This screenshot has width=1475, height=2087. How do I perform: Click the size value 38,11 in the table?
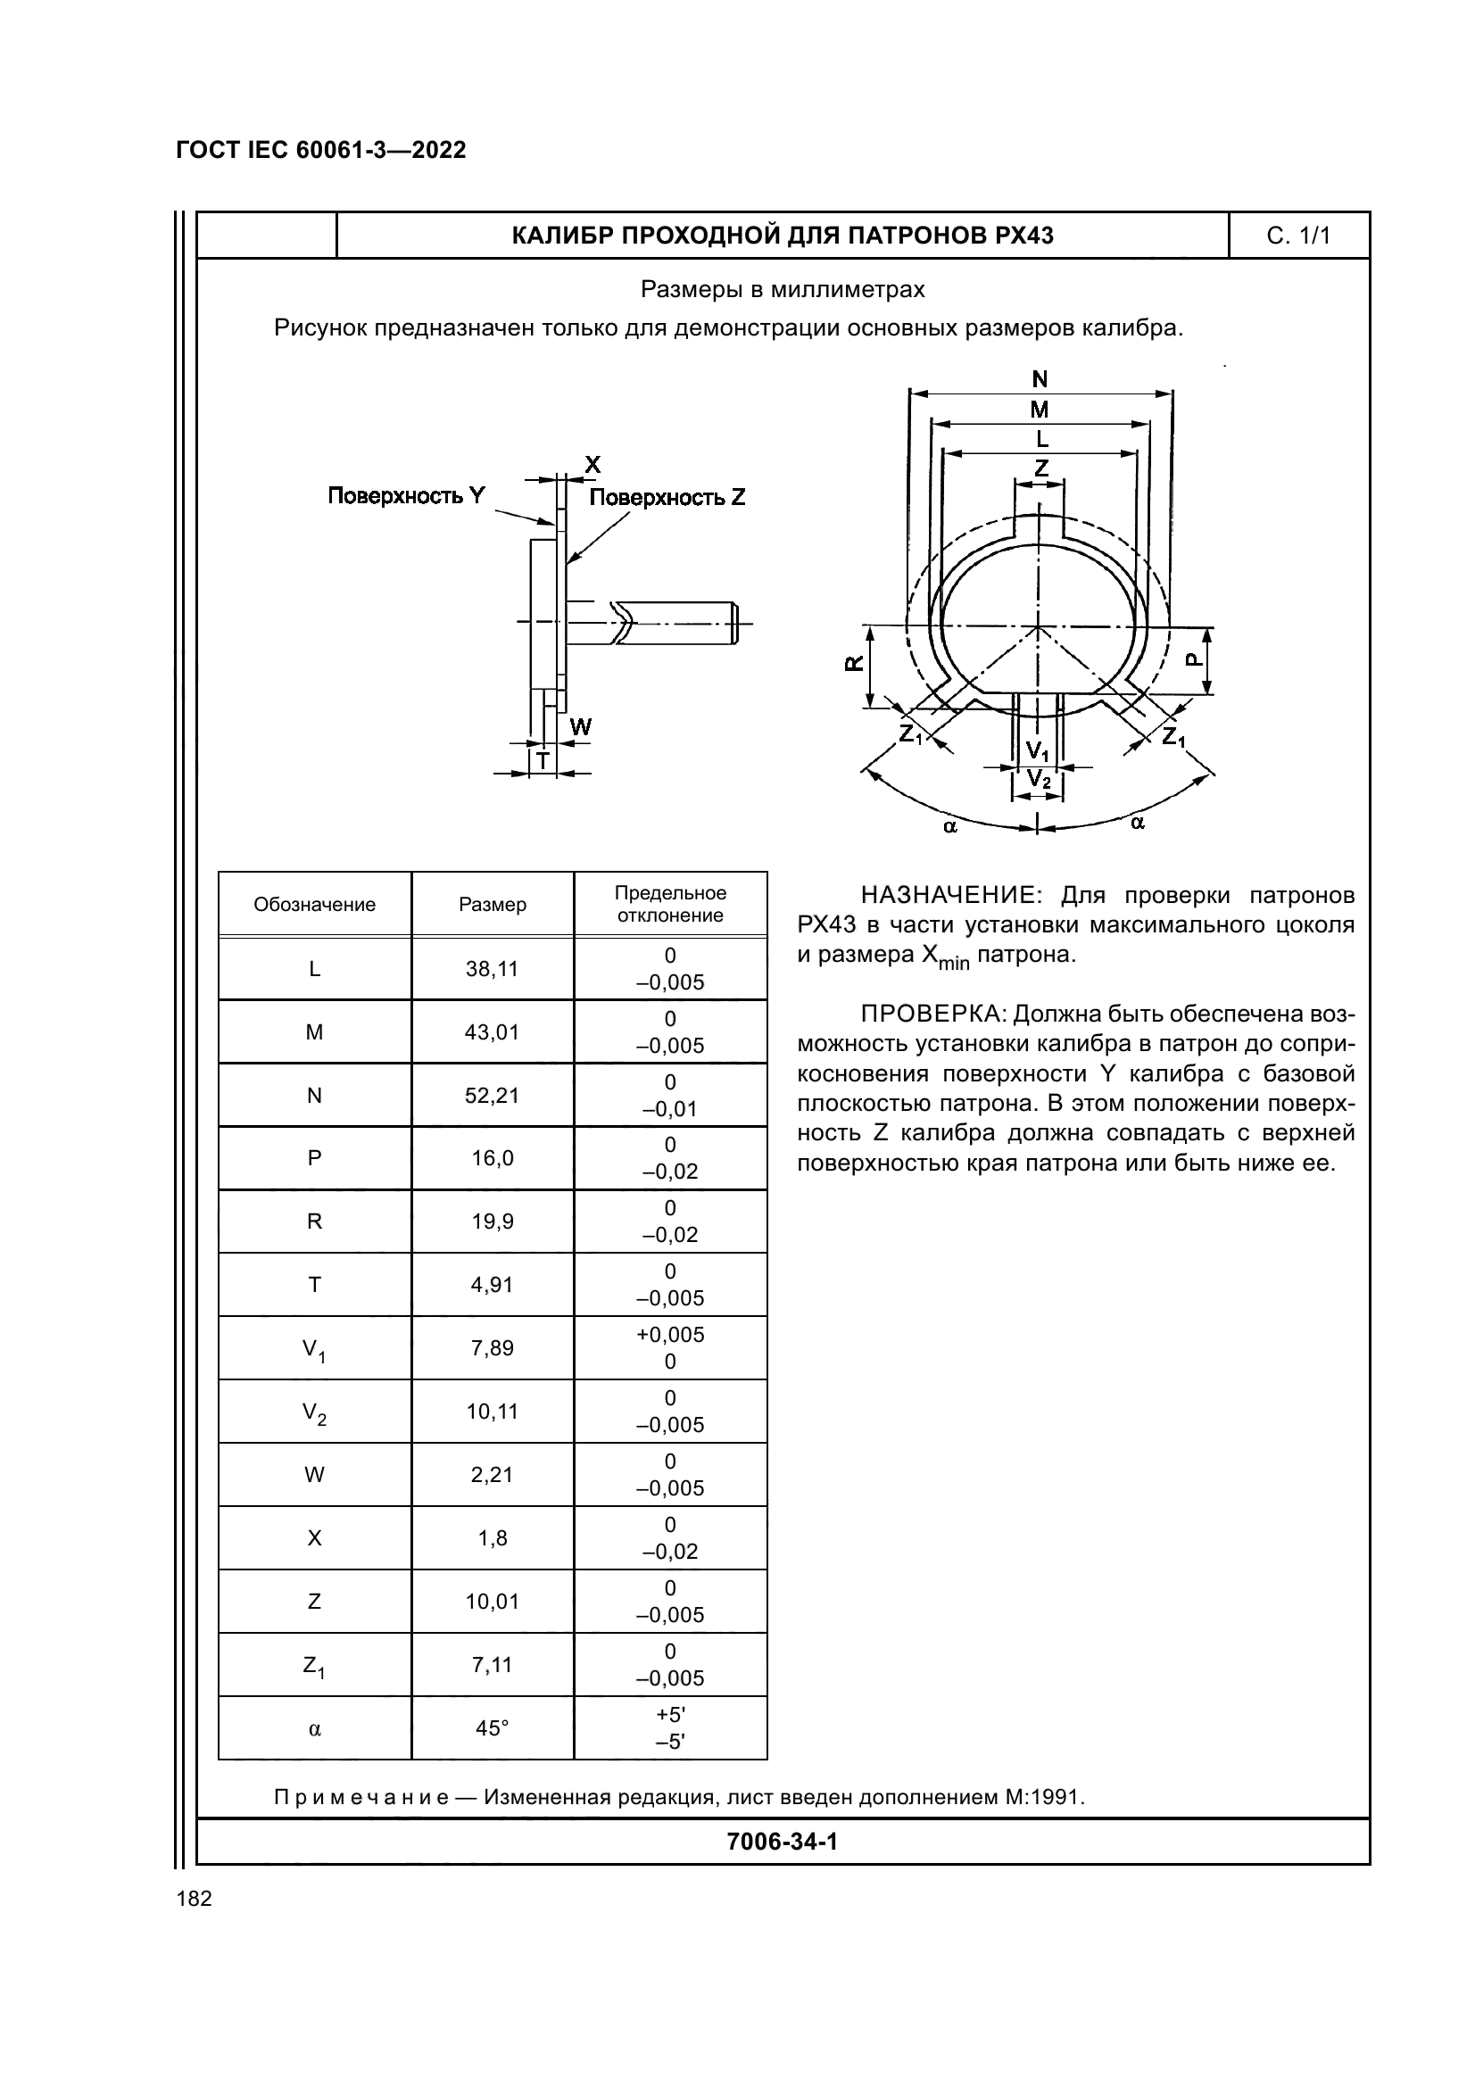coord(492,969)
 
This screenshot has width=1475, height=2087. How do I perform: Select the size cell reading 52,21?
coord(492,1096)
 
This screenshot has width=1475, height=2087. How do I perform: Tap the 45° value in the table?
coord(492,1728)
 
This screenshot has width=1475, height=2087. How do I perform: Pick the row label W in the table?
coord(314,1475)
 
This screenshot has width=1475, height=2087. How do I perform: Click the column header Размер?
coord(492,905)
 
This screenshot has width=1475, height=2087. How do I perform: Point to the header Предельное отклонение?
coord(671,905)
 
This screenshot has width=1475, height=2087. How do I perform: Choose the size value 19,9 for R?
coord(492,1222)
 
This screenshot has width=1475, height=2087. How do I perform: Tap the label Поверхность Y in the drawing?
coord(406,495)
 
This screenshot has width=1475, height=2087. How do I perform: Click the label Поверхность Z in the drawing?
coord(667,497)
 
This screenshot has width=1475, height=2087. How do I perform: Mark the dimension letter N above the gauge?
coord(1040,379)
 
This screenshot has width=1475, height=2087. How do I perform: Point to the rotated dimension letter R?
coord(854,663)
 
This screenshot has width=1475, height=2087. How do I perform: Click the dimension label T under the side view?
coord(543,760)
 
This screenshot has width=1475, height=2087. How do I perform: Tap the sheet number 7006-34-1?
coord(783,1842)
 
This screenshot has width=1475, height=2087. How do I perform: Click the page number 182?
coord(194,1899)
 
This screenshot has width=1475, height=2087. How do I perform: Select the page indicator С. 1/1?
coord(1298,236)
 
